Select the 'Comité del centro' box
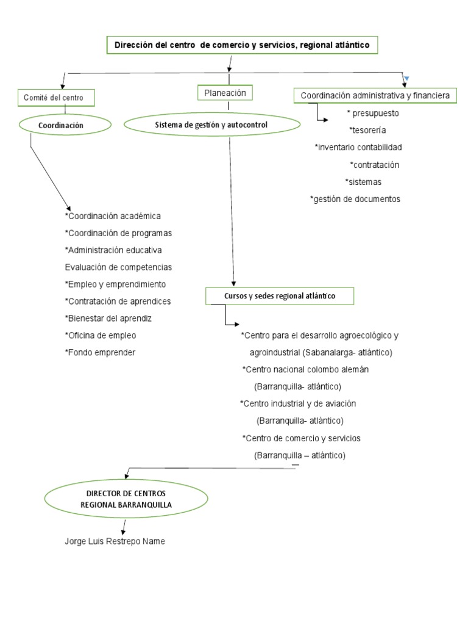pos(58,97)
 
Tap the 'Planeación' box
pos(225,93)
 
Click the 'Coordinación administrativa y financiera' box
pos(375,96)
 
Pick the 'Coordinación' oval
pos(65,125)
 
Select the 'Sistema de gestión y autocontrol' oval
pos(211,125)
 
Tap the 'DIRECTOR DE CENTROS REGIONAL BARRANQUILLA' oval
pos(126,499)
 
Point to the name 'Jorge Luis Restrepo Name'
pos(115,541)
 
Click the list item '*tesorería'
pos(367,130)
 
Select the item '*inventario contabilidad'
pos(358,147)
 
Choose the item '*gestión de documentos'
pos(355,199)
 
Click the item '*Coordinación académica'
pos(113,216)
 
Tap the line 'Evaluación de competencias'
pos(118,267)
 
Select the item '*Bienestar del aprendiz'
pos(108,319)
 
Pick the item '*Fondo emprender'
pos(100,353)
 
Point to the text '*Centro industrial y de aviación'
pos(298,404)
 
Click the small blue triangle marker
pos(406,78)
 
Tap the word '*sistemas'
pos(364,182)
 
